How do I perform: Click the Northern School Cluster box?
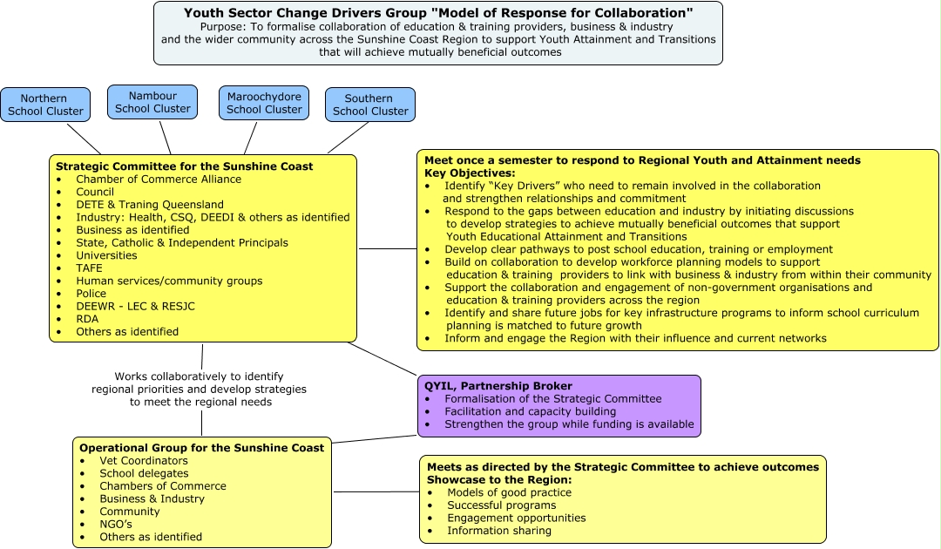pyautogui.click(x=45, y=105)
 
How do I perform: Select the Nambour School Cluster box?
pyautogui.click(x=152, y=102)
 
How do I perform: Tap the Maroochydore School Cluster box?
pyautogui.click(x=264, y=103)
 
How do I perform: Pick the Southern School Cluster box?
pyautogui.click(x=370, y=105)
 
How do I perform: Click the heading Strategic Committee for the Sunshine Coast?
pyautogui.click(x=184, y=166)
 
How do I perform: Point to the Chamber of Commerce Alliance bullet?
pyautogui.click(x=159, y=180)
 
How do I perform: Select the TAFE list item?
pyautogui.click(x=89, y=268)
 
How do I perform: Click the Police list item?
pyautogui.click(x=91, y=294)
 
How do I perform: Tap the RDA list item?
pyautogui.click(x=88, y=319)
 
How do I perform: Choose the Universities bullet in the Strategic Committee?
pyautogui.click(x=106, y=255)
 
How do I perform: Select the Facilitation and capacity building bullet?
pyautogui.click(x=530, y=411)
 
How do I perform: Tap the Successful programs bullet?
pyautogui.click(x=501, y=505)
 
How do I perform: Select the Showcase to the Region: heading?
pyautogui.click(x=498, y=480)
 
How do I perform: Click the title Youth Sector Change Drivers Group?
pyautogui.click(x=438, y=13)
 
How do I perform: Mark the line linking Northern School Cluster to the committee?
pyautogui.click(x=84, y=139)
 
